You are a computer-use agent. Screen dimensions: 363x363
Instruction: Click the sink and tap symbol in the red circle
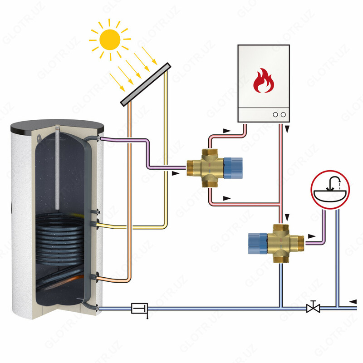tap(330, 191)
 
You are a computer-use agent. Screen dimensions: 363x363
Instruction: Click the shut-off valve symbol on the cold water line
tap(313, 308)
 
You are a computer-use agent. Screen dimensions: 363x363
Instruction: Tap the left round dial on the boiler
tap(275, 115)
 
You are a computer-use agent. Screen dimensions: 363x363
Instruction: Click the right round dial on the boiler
tap(284, 115)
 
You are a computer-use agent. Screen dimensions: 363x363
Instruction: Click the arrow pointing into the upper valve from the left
tap(175, 173)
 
